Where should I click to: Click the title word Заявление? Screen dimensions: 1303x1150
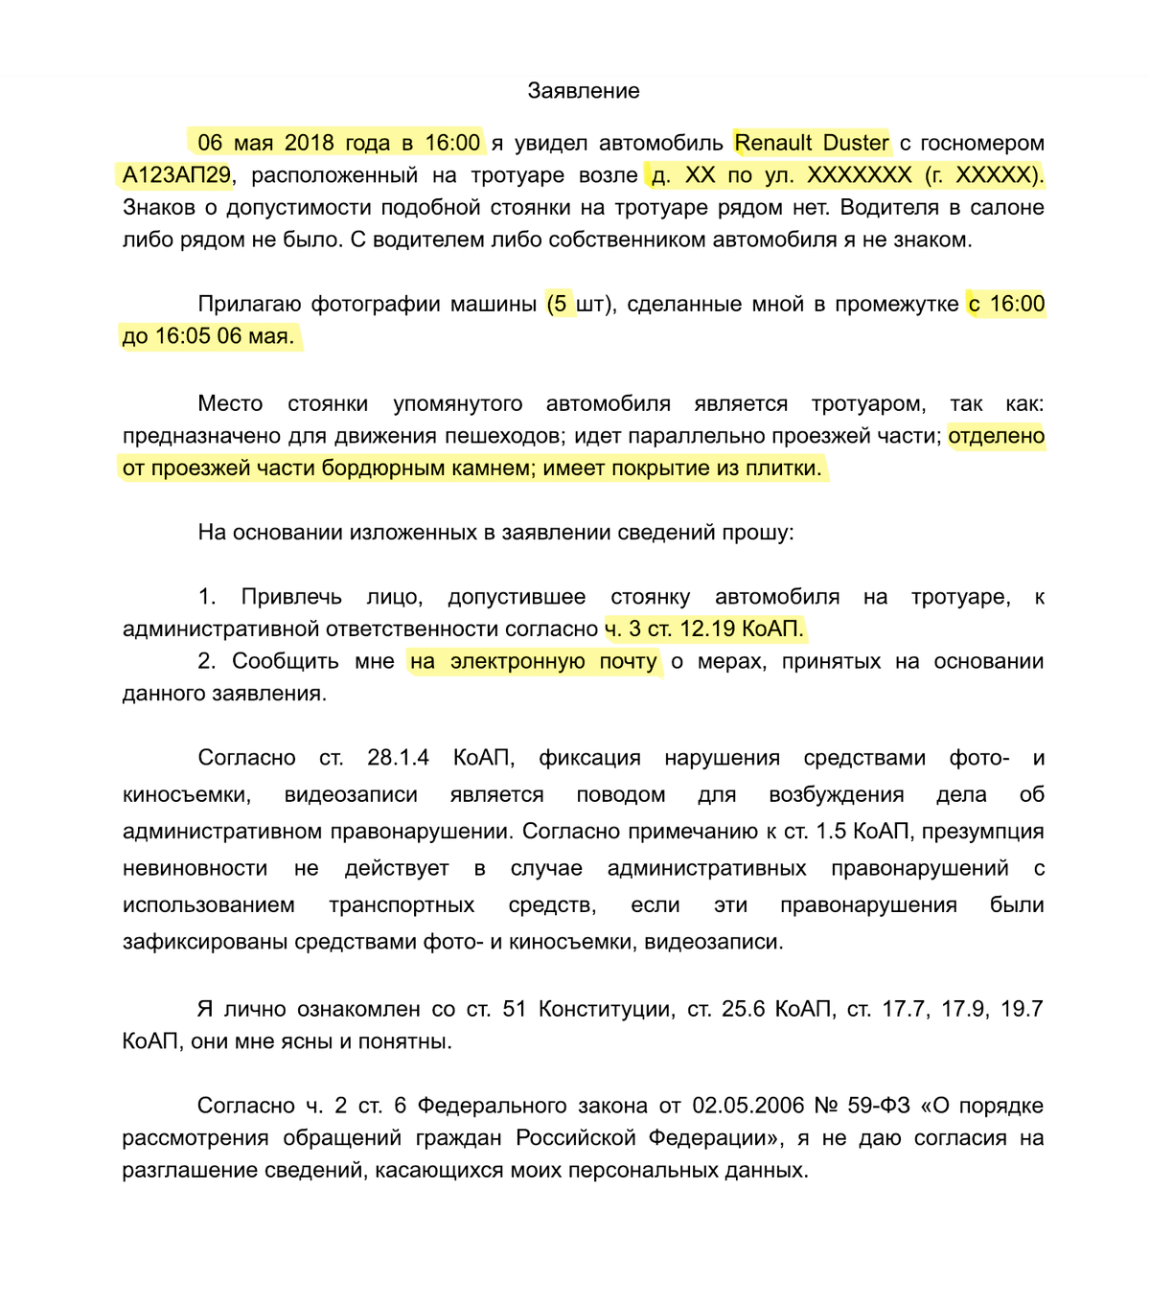click(583, 91)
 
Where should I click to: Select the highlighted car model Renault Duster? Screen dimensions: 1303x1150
click(811, 143)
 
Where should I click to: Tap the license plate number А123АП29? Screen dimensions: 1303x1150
click(176, 175)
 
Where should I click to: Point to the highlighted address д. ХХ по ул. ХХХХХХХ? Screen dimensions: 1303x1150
click(781, 175)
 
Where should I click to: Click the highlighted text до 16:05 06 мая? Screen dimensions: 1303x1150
click(208, 336)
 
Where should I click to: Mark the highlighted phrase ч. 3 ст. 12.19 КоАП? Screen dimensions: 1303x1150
click(704, 629)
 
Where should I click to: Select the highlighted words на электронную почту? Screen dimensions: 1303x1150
click(533, 661)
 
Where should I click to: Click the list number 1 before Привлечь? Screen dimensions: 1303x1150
click(206, 597)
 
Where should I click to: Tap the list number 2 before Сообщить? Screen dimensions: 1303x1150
click(206, 661)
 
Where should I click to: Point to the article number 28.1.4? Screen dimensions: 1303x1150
click(398, 758)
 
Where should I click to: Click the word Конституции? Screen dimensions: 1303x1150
click(604, 1009)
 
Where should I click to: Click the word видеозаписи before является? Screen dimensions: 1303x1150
click(351, 794)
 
